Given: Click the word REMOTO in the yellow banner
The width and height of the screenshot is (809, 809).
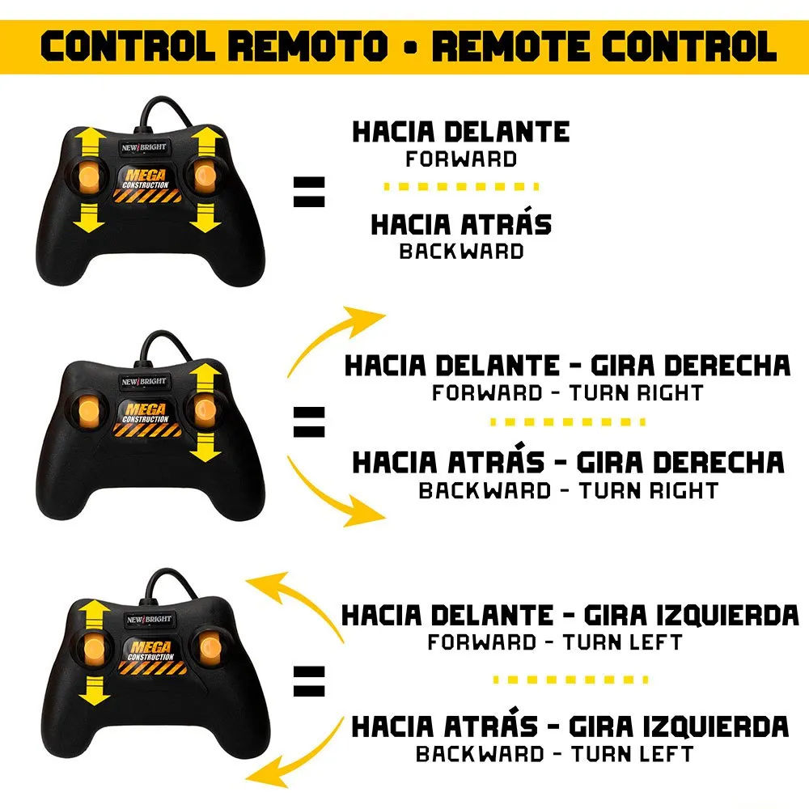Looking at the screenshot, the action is point(307,46).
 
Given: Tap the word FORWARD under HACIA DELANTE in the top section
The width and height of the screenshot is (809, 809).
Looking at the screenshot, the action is point(461,159).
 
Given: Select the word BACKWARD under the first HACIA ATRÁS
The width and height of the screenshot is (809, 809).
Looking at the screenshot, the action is point(461,252).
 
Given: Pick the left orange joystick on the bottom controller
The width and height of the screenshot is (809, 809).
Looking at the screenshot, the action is point(94,648).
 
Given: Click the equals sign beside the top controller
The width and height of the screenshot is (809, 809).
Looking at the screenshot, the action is point(309,192).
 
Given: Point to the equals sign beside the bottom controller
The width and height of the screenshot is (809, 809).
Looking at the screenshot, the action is point(309,681).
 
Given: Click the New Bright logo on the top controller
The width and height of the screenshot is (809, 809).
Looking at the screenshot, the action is point(144,147).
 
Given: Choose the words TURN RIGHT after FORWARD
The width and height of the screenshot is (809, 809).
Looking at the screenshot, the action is point(637,393).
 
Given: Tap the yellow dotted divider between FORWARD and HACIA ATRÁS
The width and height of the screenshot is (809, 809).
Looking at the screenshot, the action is point(461,187).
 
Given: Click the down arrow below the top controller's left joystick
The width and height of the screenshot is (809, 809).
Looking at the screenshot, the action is point(89,217).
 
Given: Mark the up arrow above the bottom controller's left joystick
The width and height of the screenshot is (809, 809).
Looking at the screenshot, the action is point(95,616).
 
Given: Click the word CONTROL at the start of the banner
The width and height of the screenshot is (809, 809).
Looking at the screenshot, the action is point(128,46).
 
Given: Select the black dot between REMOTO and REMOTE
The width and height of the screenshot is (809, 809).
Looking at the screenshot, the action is point(410,47).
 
